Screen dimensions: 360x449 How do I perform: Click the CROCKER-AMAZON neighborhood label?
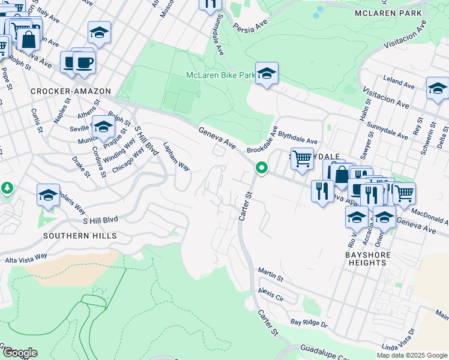click(71, 91)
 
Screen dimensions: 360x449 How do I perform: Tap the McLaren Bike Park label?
click(220, 75)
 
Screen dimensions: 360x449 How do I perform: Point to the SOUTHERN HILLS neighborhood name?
click(80, 236)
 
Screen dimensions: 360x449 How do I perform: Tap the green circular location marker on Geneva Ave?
click(261, 168)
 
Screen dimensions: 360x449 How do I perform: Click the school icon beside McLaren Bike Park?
click(267, 74)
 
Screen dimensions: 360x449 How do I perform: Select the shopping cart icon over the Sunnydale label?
click(302, 159)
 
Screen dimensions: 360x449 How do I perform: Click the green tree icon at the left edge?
click(7, 188)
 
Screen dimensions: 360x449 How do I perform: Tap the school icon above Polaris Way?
click(49, 195)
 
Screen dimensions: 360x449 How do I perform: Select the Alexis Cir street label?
click(270, 295)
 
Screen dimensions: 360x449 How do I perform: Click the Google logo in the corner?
click(19, 352)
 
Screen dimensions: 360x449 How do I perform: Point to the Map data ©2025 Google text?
click(411, 355)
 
